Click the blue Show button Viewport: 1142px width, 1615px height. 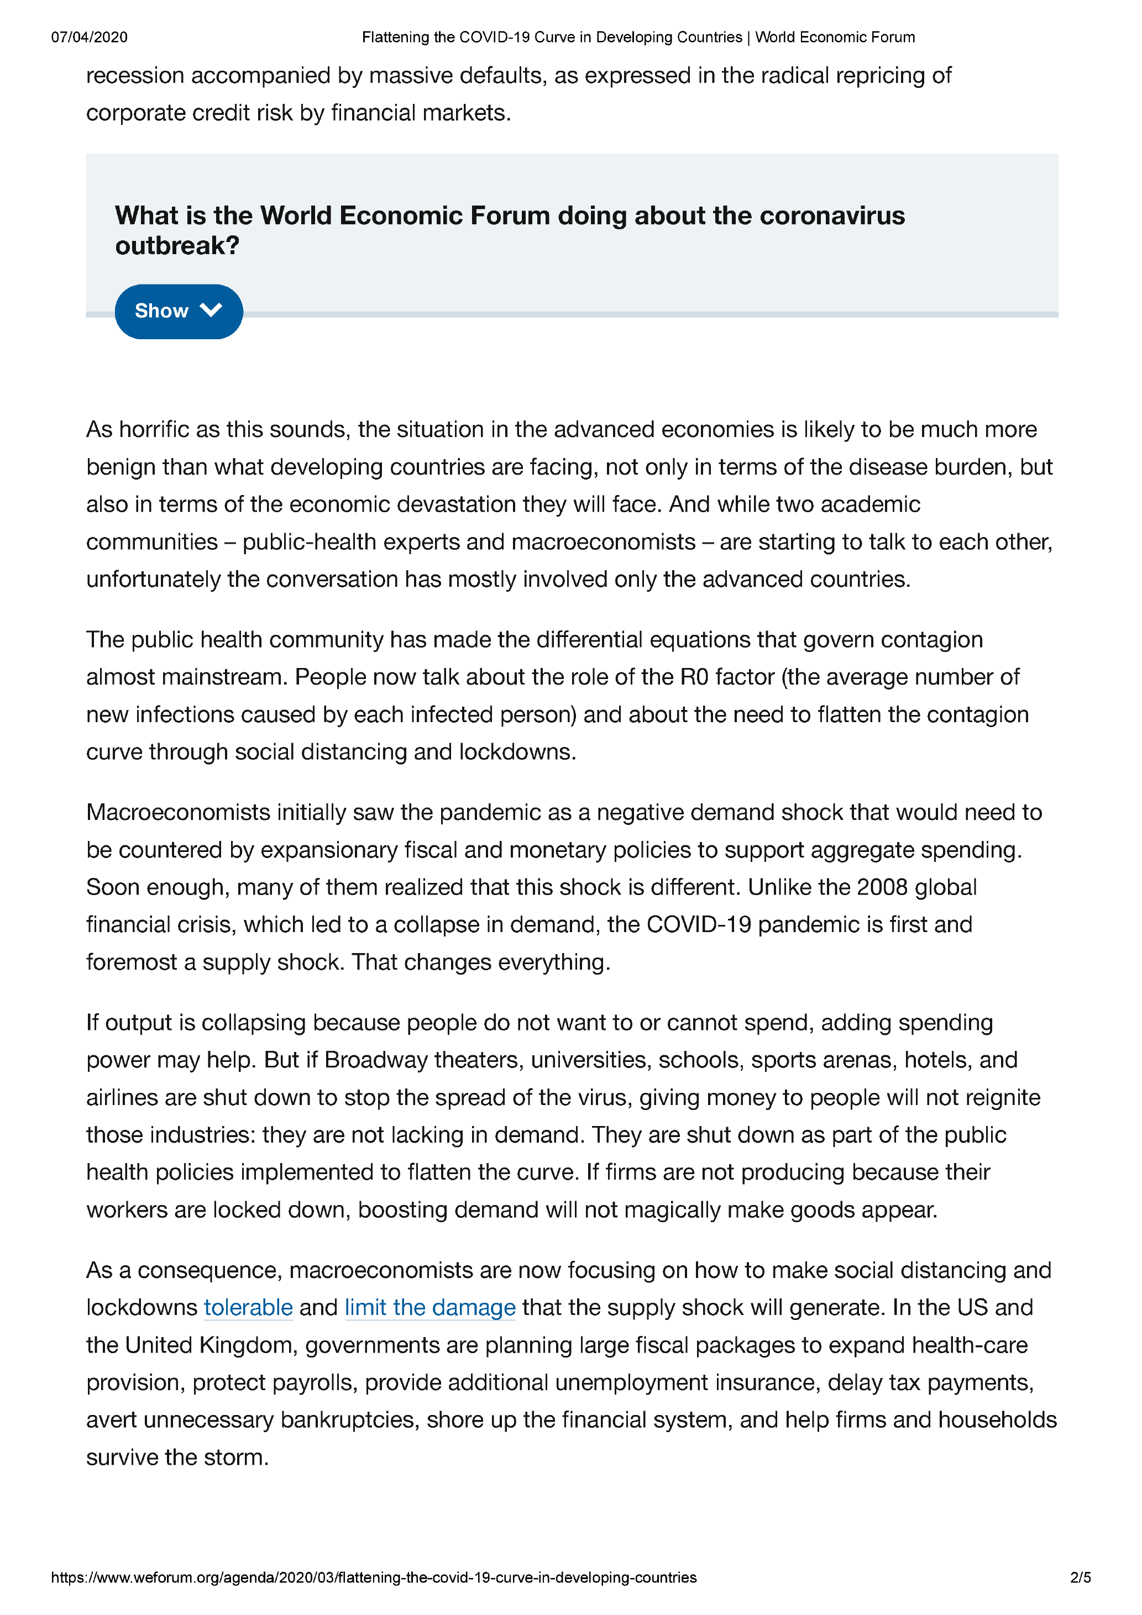coord(179,311)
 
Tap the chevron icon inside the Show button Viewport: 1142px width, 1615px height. coord(211,310)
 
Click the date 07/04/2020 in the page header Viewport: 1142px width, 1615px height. coord(90,37)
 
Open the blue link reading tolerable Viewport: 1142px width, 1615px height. coord(248,1308)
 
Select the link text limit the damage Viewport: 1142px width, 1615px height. coord(430,1308)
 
